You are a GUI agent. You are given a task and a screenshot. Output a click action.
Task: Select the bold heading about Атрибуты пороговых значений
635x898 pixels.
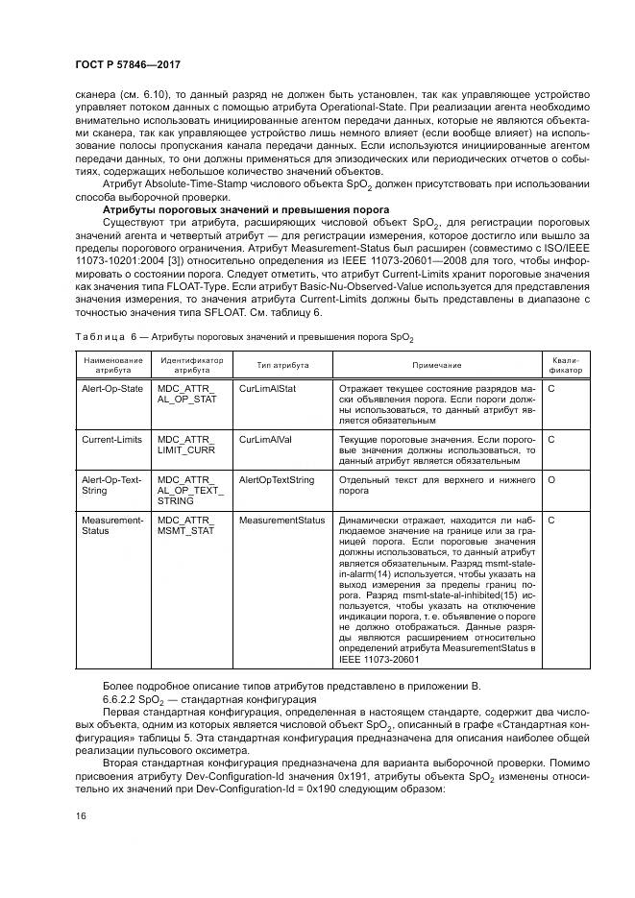point(245,208)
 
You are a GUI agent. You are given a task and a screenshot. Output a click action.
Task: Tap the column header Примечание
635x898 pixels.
point(437,365)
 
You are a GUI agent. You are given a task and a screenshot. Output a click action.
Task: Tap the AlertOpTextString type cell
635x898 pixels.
point(277,479)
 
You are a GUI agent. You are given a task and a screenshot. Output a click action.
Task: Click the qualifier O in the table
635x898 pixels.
point(551,479)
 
